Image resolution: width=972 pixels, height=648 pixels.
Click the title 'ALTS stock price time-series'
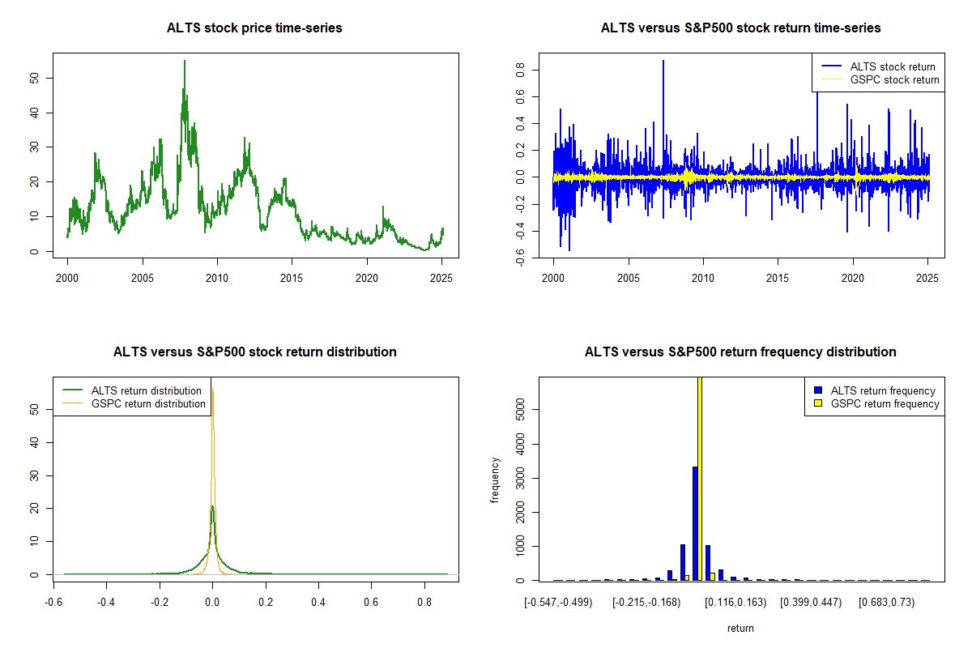(254, 28)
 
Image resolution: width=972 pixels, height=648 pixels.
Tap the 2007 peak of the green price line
(184, 62)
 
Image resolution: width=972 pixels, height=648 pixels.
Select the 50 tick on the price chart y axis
(35, 78)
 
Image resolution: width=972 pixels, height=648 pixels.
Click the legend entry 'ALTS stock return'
(892, 67)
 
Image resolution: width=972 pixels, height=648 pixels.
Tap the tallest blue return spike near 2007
(663, 62)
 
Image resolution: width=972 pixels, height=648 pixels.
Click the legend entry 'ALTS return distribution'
(146, 391)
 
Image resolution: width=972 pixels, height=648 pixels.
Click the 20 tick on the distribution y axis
(35, 508)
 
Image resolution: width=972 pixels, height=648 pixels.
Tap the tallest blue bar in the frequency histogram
(695, 523)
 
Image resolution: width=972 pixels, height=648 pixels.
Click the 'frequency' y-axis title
(495, 480)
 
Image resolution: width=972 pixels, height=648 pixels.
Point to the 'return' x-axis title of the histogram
(740, 628)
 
